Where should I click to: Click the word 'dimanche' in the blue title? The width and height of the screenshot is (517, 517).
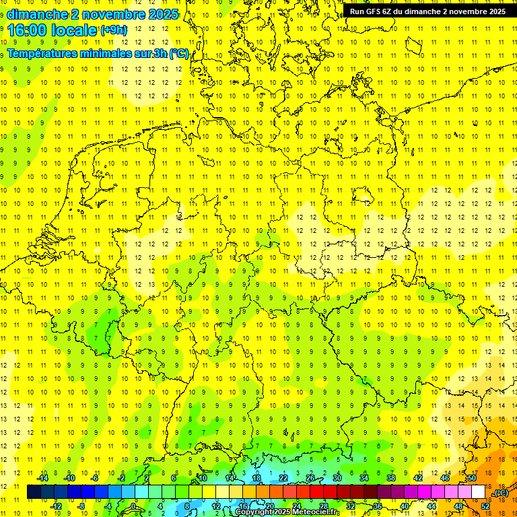tap(37, 13)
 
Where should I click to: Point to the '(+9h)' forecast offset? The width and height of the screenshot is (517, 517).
tap(113, 30)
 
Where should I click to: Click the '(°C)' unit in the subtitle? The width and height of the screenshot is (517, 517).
tap(178, 54)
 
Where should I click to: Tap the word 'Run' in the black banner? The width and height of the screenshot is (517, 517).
tap(357, 11)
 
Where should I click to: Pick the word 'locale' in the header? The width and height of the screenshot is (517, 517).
tap(76, 30)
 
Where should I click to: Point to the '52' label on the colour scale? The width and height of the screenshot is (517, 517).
tap(485, 506)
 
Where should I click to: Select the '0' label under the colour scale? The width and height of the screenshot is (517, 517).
tap(133, 506)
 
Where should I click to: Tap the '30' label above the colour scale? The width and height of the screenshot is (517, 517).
tap(337, 478)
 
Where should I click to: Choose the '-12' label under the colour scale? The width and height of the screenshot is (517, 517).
tap(56, 506)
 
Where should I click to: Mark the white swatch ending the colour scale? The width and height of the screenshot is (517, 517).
tap(479, 491)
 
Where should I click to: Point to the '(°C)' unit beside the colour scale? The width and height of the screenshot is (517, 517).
tap(501, 493)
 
